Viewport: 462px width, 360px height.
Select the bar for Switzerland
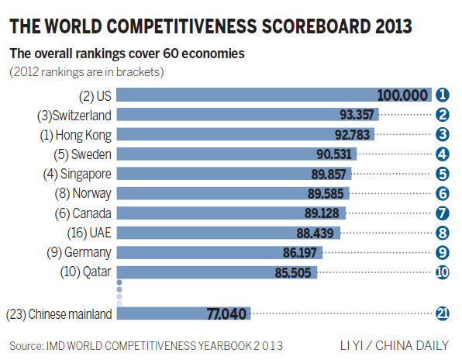(233, 115)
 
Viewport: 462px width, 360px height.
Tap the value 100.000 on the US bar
(402, 95)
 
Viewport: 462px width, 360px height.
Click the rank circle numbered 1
(443, 95)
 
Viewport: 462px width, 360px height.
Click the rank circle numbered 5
(443, 173)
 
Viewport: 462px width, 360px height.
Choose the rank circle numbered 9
(443, 251)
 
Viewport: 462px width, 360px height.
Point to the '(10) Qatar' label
(86, 272)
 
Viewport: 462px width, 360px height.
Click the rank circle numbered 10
(443, 272)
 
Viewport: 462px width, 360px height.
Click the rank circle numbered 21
(443, 314)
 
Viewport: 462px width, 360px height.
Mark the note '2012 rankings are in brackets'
(88, 71)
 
